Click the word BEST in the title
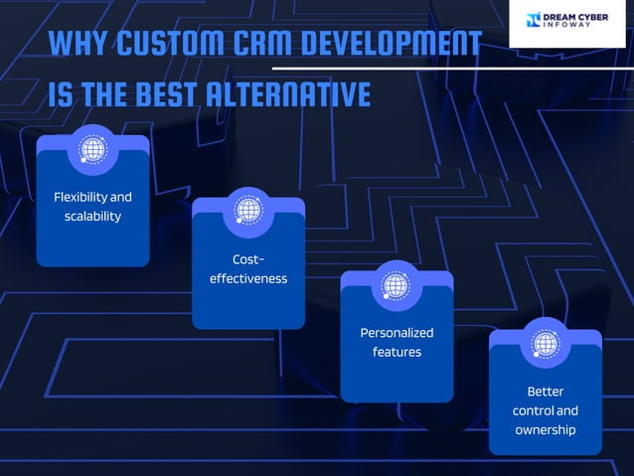click(167, 94)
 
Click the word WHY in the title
click(78, 45)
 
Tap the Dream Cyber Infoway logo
click(569, 21)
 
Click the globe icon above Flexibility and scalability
click(93, 150)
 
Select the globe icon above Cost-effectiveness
click(247, 211)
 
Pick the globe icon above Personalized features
click(396, 285)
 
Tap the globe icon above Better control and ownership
click(545, 344)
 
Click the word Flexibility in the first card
click(79, 197)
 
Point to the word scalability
click(92, 216)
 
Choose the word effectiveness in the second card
click(248, 278)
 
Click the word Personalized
click(396, 333)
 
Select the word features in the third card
click(396, 352)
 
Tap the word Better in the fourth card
click(546, 392)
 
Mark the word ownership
click(546, 430)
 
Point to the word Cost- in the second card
click(248, 259)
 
